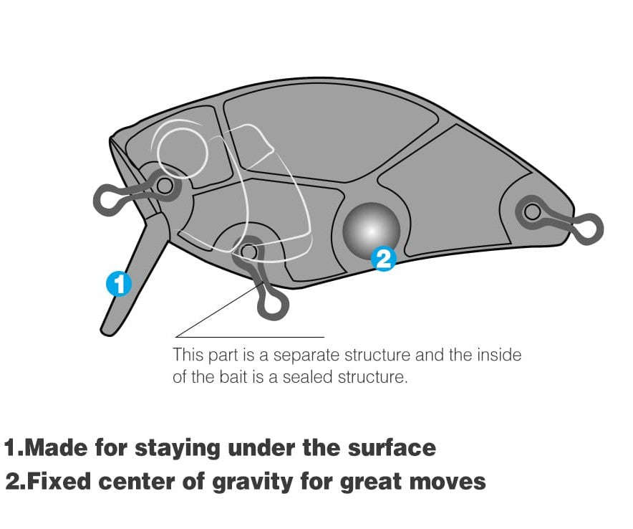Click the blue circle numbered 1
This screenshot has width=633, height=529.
[x=119, y=284]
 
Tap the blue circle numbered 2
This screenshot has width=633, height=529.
[x=384, y=259]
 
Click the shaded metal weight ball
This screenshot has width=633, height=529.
[x=371, y=229]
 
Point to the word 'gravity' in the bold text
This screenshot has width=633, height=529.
[x=252, y=482]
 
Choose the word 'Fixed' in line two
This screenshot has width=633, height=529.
[x=61, y=481]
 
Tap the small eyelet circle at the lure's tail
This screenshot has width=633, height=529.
[x=533, y=211]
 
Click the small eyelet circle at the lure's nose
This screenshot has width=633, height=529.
[x=164, y=186]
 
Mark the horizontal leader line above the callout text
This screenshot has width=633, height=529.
[x=250, y=337]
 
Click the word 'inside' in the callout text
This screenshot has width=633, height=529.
[x=499, y=355]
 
